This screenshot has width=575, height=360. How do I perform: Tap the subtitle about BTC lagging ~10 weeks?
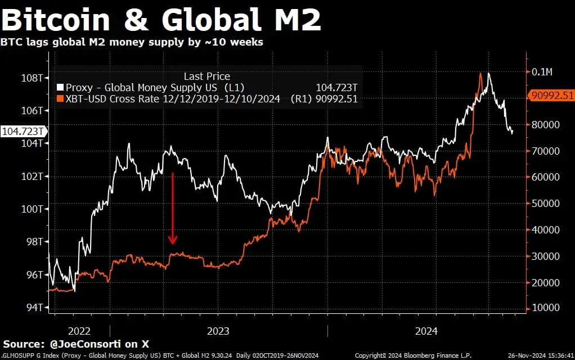pos(132,42)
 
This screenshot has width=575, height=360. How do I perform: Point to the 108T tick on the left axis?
pos(33,77)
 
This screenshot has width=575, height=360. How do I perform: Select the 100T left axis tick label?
pos(33,209)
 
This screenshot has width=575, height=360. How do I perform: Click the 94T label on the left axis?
pos(35,308)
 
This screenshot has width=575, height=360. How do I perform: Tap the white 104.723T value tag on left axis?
pos(23,131)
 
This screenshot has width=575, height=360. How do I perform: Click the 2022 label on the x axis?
pos(79,331)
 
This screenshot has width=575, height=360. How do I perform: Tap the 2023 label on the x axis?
pos(218,331)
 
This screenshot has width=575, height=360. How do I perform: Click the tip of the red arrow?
pos(173,244)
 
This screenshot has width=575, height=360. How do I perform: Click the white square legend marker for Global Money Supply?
pos(60,88)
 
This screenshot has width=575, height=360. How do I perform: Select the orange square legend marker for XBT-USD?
pos(60,99)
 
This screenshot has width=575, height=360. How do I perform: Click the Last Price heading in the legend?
pos(206,76)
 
